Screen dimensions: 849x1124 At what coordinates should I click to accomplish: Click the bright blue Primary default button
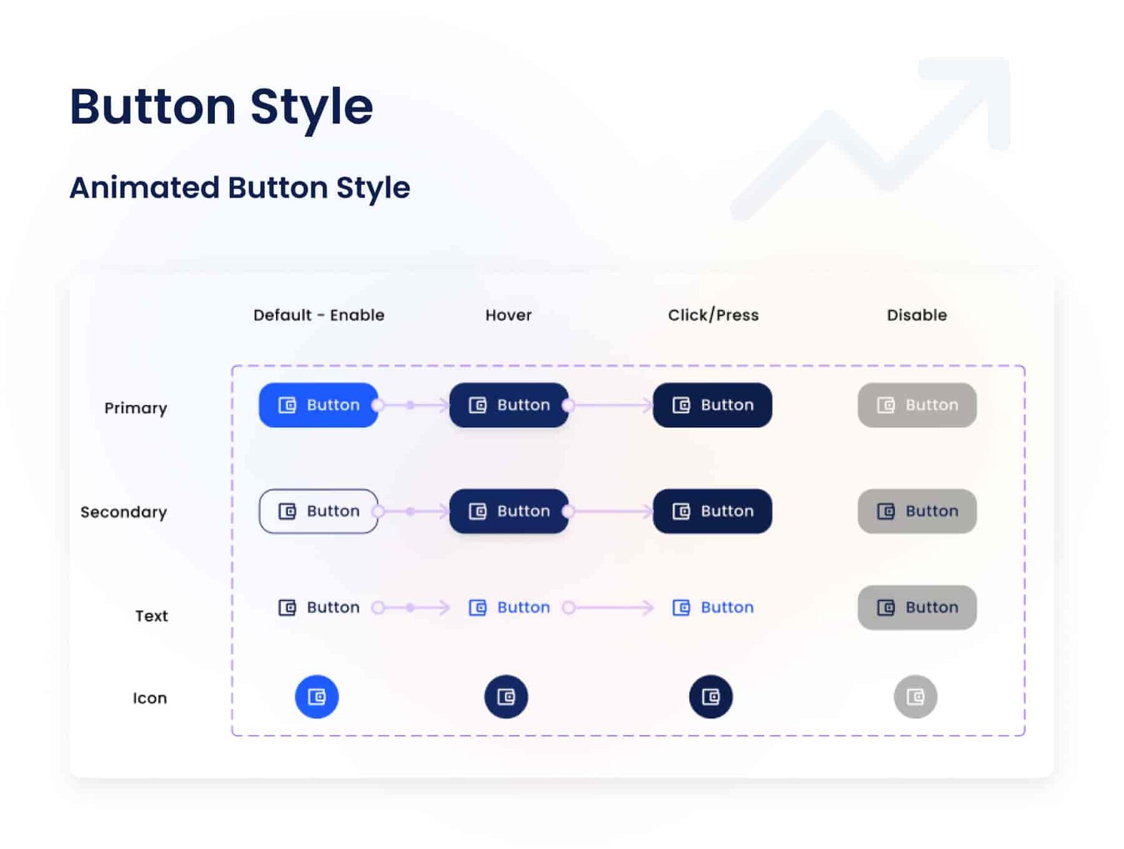click(x=318, y=405)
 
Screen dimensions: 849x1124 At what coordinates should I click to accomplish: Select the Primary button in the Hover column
click(x=509, y=405)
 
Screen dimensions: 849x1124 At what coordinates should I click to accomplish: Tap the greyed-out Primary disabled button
click(x=917, y=405)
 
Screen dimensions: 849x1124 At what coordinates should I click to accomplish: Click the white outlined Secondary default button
click(x=318, y=511)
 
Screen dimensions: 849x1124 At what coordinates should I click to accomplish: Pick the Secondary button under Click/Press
click(x=712, y=511)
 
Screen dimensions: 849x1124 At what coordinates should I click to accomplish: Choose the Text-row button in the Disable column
click(x=917, y=607)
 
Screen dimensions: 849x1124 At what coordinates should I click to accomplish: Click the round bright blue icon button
click(x=317, y=697)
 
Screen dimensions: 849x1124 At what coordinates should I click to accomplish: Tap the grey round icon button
click(x=915, y=697)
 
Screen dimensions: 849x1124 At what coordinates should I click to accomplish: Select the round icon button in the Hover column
click(x=506, y=697)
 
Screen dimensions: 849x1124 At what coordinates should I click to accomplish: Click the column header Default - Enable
click(x=319, y=315)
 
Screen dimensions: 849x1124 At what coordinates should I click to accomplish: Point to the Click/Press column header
click(x=713, y=315)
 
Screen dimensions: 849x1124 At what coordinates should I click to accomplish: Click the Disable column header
click(x=917, y=315)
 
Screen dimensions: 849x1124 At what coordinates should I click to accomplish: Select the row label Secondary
click(x=124, y=512)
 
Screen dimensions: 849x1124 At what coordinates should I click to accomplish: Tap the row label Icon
click(x=150, y=698)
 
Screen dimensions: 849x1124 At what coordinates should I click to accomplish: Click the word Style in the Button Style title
click(x=311, y=107)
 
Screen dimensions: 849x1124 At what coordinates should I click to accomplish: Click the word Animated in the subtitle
click(x=145, y=187)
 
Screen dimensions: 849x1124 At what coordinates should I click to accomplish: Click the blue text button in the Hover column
click(x=509, y=607)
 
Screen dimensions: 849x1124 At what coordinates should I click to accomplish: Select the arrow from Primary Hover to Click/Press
click(x=611, y=405)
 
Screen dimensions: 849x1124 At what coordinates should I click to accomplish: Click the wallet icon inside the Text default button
click(x=287, y=607)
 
